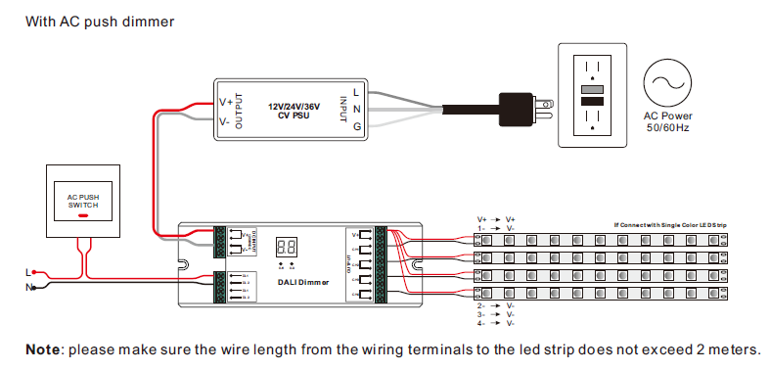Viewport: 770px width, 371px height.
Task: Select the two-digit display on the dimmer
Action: [x=289, y=249]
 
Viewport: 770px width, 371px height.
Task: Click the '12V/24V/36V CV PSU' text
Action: [x=294, y=109]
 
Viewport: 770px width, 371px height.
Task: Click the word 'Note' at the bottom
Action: [x=42, y=349]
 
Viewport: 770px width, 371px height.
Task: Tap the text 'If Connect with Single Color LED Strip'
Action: [x=670, y=225]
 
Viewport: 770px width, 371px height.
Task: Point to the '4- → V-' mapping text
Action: [x=496, y=323]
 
